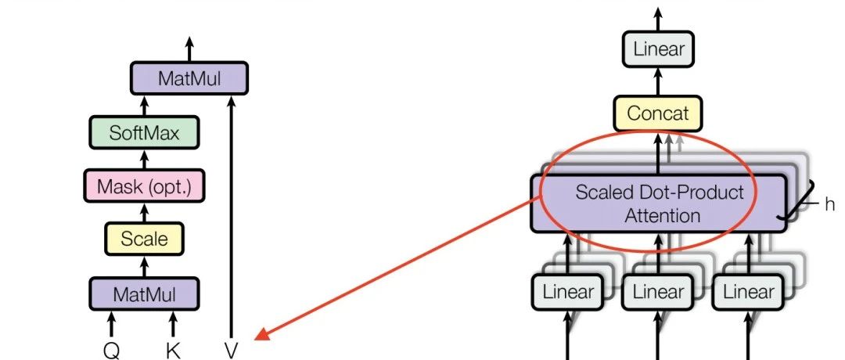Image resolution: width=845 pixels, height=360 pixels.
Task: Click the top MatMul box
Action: coord(189,78)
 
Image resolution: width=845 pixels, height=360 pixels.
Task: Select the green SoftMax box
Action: coord(144,132)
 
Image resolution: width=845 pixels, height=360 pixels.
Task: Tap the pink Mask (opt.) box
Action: coord(144,186)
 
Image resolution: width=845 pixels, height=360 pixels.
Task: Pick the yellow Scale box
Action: coord(144,237)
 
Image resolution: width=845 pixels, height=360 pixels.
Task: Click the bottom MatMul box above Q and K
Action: coord(144,293)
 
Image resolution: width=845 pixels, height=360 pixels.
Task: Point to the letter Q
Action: coord(111,350)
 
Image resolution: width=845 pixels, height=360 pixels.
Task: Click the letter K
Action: coord(173,350)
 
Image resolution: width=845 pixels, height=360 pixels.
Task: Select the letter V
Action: coord(231,350)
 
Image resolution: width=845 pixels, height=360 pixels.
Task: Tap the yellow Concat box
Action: coord(657,113)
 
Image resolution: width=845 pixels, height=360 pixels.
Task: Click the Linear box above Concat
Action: coord(659,50)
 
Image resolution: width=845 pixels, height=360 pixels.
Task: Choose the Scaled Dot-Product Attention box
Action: coord(659,203)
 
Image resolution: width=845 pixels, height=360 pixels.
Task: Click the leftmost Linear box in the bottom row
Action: coord(569,292)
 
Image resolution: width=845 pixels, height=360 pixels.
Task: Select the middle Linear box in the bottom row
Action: coord(659,292)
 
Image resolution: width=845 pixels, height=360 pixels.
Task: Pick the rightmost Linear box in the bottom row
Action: coord(749,292)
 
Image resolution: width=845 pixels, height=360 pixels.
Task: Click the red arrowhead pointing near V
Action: coord(263,334)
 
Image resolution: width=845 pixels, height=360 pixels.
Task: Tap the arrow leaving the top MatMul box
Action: coord(189,49)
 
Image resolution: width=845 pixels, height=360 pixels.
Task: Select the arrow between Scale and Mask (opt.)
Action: coord(144,212)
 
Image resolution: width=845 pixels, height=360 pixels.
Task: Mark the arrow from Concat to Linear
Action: coord(659,82)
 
